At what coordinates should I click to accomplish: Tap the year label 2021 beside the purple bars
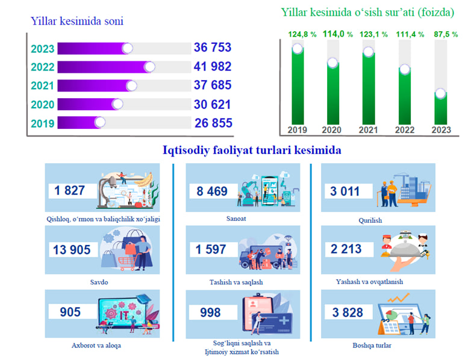click(43, 86)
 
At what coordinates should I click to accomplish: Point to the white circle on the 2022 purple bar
click(149, 66)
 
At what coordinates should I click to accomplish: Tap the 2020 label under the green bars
click(331, 130)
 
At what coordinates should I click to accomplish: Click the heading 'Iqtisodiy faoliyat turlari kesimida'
click(252, 149)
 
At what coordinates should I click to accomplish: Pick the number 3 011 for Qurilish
click(346, 192)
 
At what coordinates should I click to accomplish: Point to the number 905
click(70, 312)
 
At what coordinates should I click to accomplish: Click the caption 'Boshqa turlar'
click(372, 345)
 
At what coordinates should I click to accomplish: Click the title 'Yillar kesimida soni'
click(77, 22)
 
